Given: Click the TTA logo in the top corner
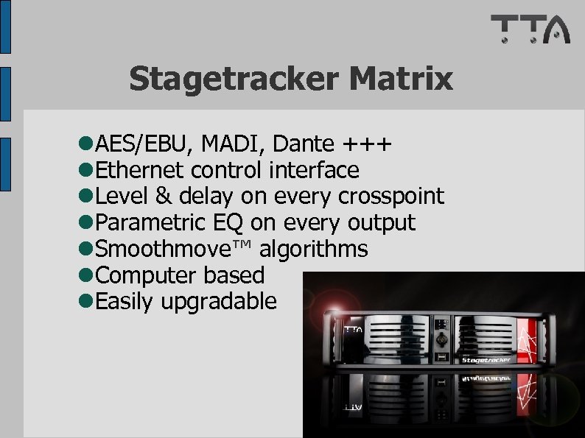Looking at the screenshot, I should [x=530, y=29].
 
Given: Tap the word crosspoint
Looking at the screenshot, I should [x=390, y=197].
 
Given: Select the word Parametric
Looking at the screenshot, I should [x=150, y=222].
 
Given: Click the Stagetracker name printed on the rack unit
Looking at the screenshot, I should [x=486, y=360].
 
